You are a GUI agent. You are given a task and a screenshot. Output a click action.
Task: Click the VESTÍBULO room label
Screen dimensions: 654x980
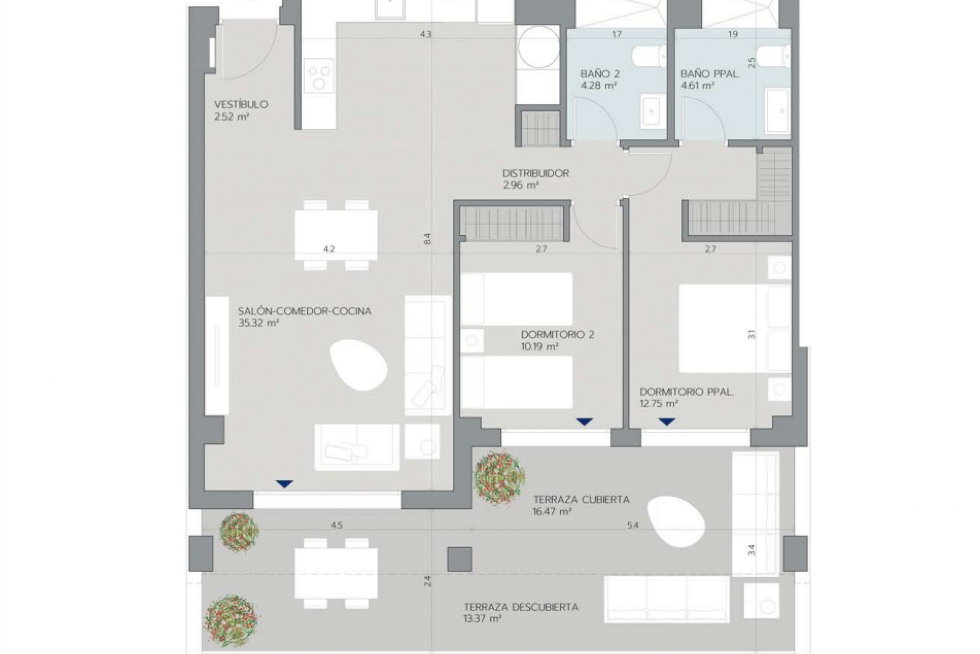[241, 105]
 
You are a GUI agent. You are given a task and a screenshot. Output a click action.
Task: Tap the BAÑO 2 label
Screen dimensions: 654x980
[600, 74]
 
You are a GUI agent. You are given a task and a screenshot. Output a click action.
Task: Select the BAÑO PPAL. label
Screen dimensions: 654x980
[710, 74]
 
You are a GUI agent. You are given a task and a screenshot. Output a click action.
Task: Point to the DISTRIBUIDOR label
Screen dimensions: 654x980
[535, 174]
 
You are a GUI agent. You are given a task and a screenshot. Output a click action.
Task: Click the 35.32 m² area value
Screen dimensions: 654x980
[258, 323]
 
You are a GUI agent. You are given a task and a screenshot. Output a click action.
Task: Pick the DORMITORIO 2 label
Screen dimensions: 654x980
[557, 335]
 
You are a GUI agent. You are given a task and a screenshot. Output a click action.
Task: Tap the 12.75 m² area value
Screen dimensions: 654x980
[658, 404]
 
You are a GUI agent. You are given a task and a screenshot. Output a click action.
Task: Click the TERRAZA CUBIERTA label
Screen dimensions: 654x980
[581, 499]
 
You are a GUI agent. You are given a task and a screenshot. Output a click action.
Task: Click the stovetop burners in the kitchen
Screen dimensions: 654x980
[319, 77]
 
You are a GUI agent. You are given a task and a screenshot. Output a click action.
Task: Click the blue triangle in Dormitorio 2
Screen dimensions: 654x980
[584, 422]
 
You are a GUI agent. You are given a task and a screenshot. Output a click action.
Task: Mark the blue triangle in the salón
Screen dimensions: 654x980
[284, 483]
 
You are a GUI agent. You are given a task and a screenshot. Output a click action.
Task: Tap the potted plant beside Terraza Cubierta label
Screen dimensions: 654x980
[499, 478]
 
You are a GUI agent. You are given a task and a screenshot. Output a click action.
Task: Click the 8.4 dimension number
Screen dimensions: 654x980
[428, 239]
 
